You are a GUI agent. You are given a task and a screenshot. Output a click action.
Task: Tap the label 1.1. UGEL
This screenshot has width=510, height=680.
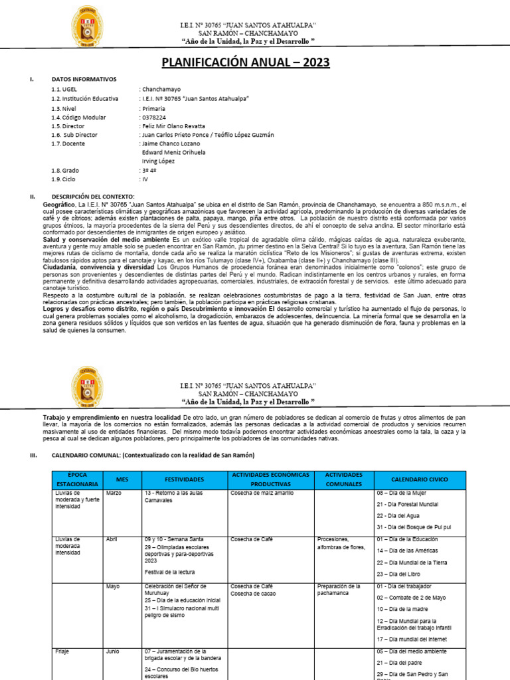pyautogui.click(x=64, y=88)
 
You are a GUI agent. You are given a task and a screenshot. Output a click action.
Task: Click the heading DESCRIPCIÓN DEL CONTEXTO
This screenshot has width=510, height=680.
pyautogui.click(x=92, y=196)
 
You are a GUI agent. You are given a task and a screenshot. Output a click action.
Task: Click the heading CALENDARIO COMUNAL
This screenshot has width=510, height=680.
pyautogui.click(x=153, y=455)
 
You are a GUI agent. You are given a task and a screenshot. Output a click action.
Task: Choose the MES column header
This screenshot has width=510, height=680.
pyautogui.click(x=122, y=479)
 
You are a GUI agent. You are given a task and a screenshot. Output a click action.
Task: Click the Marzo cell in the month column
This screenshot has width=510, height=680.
pyautogui.click(x=114, y=493)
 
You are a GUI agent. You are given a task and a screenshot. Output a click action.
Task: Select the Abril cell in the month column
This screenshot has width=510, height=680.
pyautogui.click(x=112, y=539)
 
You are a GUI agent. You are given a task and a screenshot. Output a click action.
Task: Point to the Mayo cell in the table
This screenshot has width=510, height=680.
pyautogui.click(x=112, y=586)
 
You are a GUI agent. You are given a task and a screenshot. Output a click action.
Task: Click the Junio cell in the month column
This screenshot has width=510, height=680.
pyautogui.click(x=113, y=651)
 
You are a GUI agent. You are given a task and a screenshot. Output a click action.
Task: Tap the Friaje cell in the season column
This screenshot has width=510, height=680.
pyautogui.click(x=63, y=651)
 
